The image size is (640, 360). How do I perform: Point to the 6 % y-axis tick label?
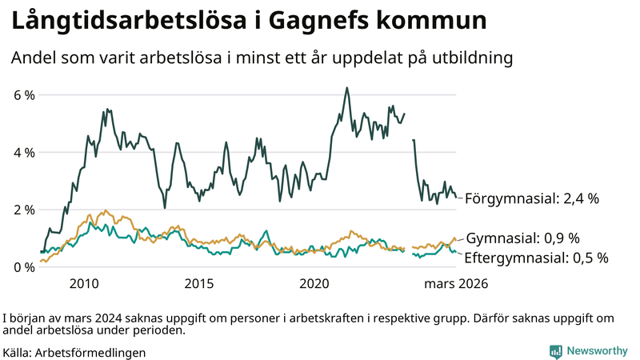(25, 95)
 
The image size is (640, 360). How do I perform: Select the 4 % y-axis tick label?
(25, 153)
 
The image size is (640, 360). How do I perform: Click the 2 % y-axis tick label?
(25, 210)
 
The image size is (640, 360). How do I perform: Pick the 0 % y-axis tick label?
(25, 267)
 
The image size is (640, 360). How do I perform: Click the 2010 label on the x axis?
(84, 283)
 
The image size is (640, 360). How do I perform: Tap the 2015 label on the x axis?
(198, 283)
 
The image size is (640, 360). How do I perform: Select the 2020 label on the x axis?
(314, 283)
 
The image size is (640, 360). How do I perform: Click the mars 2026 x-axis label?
(456, 283)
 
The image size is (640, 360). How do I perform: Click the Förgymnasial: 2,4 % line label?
(532, 198)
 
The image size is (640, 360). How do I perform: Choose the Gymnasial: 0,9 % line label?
(522, 238)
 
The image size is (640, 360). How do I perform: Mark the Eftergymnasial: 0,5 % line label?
(537, 258)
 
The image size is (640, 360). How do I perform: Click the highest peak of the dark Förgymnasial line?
(346, 88)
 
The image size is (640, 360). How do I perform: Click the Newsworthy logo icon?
(555, 351)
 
